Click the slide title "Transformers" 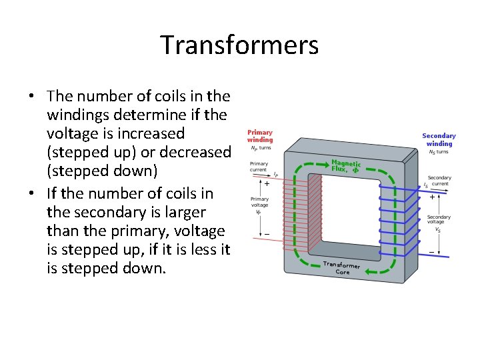tap(239, 45)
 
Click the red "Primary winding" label tap(260, 136)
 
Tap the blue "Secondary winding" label tap(439, 139)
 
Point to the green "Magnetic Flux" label tap(346, 165)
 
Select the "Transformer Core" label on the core tap(342, 268)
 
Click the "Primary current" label tap(259, 166)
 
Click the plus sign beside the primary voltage tap(267, 183)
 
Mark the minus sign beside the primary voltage tap(267, 234)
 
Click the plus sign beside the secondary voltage tap(432, 197)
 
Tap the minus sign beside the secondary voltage tap(431, 252)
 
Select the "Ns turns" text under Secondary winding tap(439, 152)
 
